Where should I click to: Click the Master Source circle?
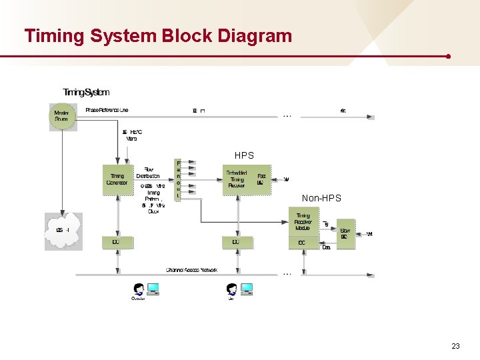coord(61,115)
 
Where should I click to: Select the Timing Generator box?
coord(117,180)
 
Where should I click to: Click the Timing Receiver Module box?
coord(303,221)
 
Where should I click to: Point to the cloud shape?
coord(63,230)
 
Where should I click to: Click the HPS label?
coord(244,155)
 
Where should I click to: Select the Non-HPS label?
coord(321,198)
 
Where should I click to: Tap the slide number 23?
coord(455,346)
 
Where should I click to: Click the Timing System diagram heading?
coord(86,92)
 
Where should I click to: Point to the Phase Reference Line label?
coord(107,109)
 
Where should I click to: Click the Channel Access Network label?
coord(191,270)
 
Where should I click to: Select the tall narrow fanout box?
coord(178,179)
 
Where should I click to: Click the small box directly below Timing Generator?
coord(117,242)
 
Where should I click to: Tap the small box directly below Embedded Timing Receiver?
coord(237,242)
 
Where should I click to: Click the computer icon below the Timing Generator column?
coord(153,289)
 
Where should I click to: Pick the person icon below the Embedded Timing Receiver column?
coord(231,289)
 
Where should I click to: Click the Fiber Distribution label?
coord(148,173)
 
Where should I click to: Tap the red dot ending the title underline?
coord(449,57)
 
